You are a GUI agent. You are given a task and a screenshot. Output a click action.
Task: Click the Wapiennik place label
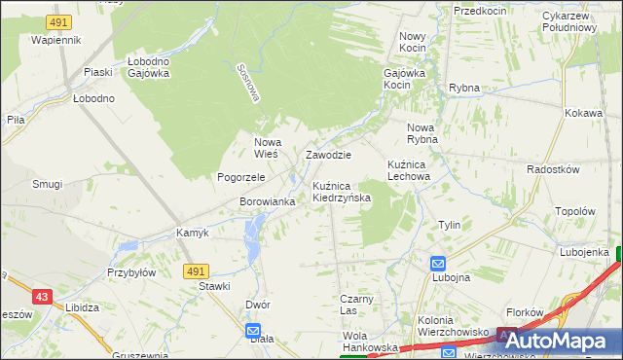click(x=55, y=40)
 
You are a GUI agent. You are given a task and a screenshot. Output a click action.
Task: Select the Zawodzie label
click(x=328, y=155)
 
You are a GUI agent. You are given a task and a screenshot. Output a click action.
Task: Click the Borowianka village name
click(x=267, y=201)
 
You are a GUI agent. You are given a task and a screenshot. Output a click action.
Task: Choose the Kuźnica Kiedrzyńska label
click(x=342, y=192)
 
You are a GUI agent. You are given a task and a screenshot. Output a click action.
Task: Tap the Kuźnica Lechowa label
click(x=408, y=170)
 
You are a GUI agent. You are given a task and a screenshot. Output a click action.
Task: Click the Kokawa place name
click(x=583, y=113)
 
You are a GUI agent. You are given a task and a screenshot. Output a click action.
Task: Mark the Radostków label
click(x=553, y=169)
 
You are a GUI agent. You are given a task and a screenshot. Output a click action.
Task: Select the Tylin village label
click(x=449, y=225)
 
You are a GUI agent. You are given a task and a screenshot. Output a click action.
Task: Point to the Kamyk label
click(x=193, y=233)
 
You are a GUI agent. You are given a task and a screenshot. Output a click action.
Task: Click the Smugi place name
click(x=47, y=184)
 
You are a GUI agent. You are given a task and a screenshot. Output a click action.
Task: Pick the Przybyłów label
click(x=132, y=273)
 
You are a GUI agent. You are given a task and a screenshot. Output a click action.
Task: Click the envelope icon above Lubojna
click(x=438, y=263)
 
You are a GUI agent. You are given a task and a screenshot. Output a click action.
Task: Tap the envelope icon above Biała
click(x=253, y=330)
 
